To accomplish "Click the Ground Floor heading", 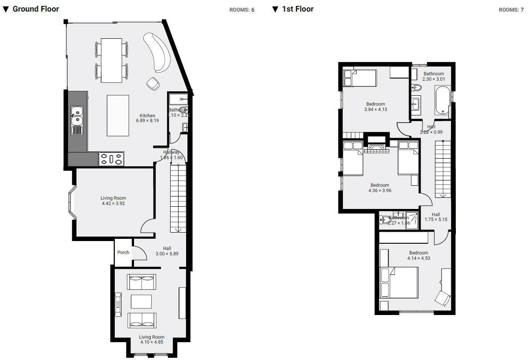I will pyautogui.click(x=35, y=9).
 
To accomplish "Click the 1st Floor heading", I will pyautogui.click(x=297, y=9).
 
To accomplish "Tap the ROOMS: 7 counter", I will pyautogui.click(x=511, y=9).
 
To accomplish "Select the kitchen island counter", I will pyautogui.click(x=118, y=115).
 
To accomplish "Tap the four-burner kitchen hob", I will pyautogui.click(x=111, y=159).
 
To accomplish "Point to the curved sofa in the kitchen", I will pyautogui.click(x=160, y=52).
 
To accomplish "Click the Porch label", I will pyautogui.click(x=123, y=252).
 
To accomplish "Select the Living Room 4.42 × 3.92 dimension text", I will pyautogui.click(x=114, y=201).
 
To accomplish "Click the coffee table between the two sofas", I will pyautogui.click(x=141, y=301).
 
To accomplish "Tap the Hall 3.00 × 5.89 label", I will pyautogui.click(x=167, y=251).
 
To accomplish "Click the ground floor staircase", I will pyautogui.click(x=178, y=198).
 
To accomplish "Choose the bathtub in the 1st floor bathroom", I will pyautogui.click(x=442, y=101).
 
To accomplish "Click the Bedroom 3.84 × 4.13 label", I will pyautogui.click(x=375, y=106).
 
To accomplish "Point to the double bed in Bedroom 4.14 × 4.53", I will pyautogui.click(x=399, y=282).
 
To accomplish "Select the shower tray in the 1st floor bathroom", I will pyautogui.click(x=412, y=221).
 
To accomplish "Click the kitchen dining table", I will pyautogui.click(x=111, y=60).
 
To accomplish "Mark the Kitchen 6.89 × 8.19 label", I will pyautogui.click(x=147, y=118).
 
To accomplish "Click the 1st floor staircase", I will pyautogui.click(x=443, y=168).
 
